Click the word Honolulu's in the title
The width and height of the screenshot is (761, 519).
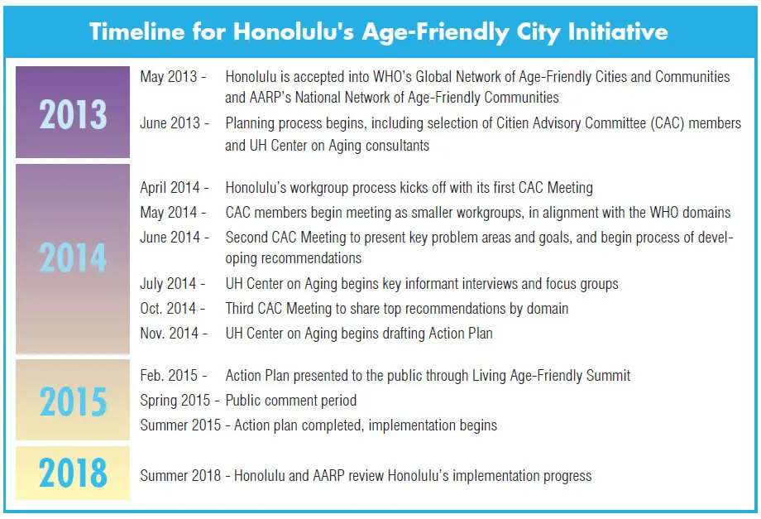coord(294,31)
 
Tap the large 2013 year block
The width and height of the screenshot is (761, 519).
coord(73,112)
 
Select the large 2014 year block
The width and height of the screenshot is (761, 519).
coord(73,259)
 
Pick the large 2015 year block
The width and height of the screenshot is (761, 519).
coord(73,400)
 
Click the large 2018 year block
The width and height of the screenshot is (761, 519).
coord(73,473)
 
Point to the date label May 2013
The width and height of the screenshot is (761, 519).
coord(169,77)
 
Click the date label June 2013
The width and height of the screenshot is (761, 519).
coord(170,123)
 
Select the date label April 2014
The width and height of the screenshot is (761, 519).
coord(170,188)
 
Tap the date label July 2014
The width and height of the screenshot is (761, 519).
coord(168,284)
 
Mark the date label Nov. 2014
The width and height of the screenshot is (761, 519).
coord(170,333)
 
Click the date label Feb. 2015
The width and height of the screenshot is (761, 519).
coord(169,375)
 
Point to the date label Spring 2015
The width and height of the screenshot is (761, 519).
coord(175,401)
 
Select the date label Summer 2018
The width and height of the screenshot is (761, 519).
coord(180,475)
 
